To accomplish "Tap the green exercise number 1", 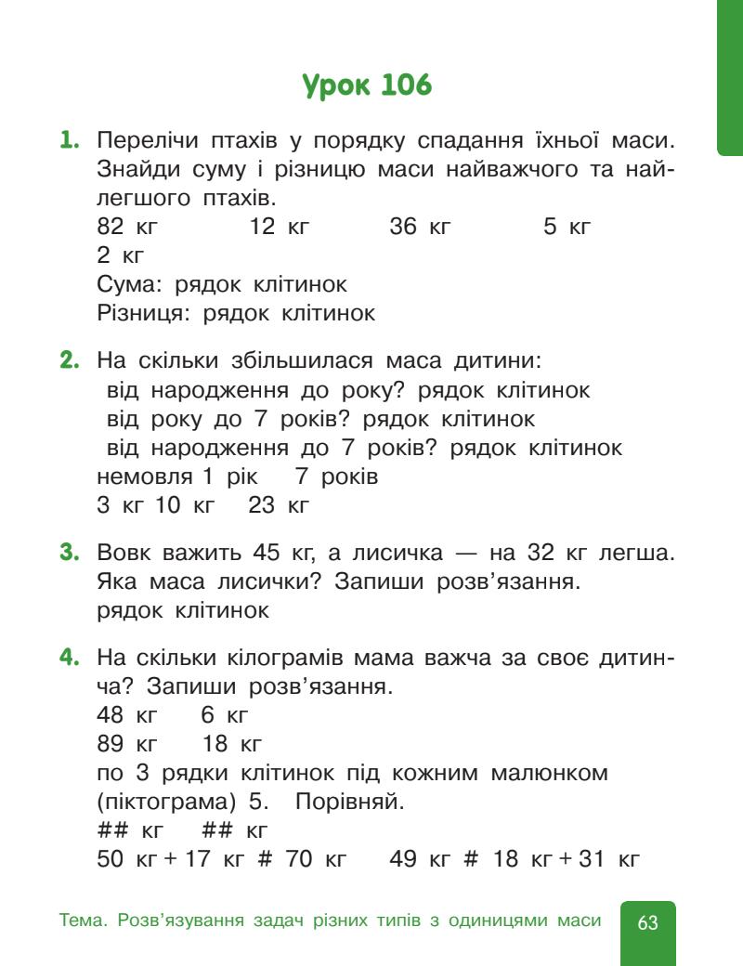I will pyautogui.click(x=68, y=143).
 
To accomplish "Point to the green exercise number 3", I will pyautogui.click(x=68, y=554).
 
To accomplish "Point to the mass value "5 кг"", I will pyautogui.click(x=567, y=228).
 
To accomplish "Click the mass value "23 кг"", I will pyautogui.click(x=279, y=506).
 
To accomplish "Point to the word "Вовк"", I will pyautogui.click(x=124, y=555).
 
